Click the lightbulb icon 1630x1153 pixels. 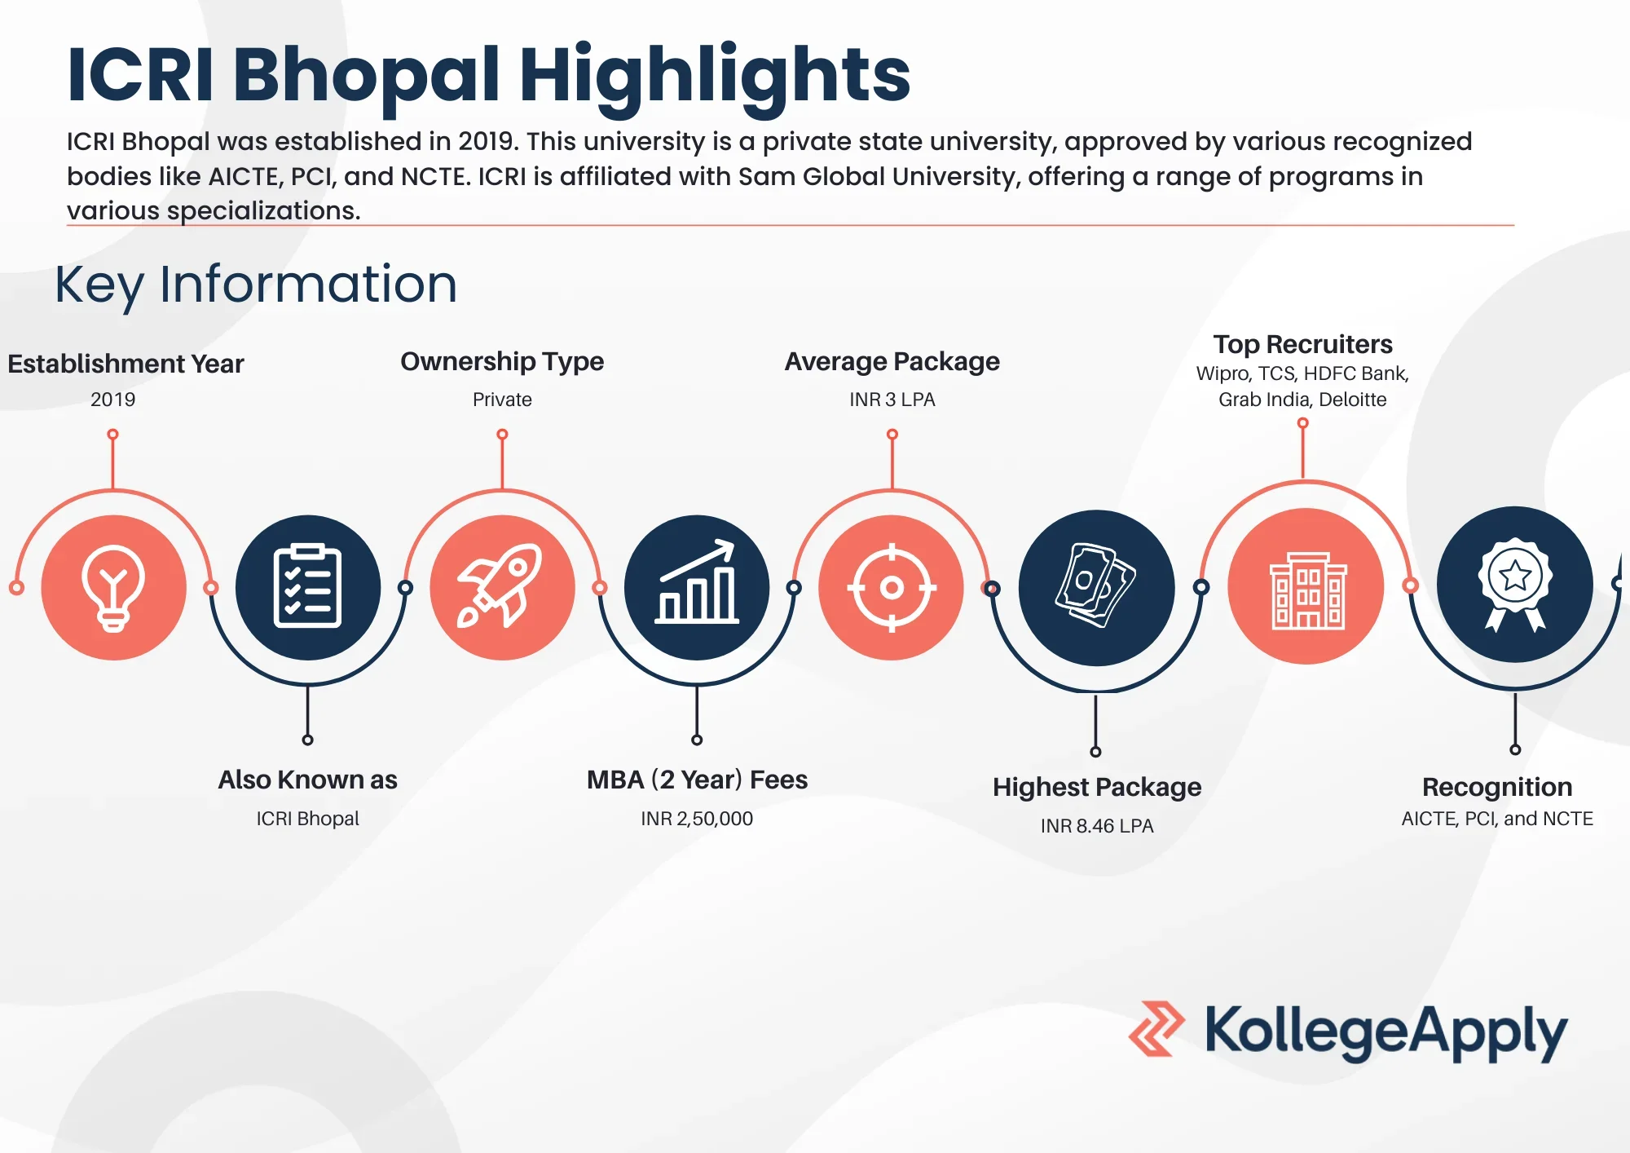pyautogui.click(x=113, y=587)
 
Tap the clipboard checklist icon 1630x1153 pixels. pyautogui.click(x=307, y=586)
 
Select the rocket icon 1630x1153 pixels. pyautogui.click(x=502, y=586)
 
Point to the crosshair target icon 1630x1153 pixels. pyautogui.click(x=892, y=587)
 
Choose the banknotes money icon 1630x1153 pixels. pyautogui.click(x=1096, y=586)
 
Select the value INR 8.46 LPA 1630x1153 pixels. pyautogui.click(x=1097, y=826)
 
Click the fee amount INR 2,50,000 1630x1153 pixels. pyautogui.click(x=697, y=819)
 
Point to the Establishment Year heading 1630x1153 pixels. pyautogui.click(x=126, y=364)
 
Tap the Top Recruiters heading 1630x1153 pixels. pyautogui.click(x=1302, y=344)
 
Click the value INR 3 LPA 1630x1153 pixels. pyautogui.click(x=892, y=400)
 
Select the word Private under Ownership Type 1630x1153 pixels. pyautogui.click(x=502, y=400)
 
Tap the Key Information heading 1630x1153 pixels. pyautogui.click(x=256, y=285)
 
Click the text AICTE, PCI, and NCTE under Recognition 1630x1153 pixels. pyautogui.click(x=1497, y=819)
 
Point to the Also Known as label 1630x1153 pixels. pyautogui.click(x=307, y=780)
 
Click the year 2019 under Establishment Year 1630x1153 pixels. pyautogui.click(x=112, y=400)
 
